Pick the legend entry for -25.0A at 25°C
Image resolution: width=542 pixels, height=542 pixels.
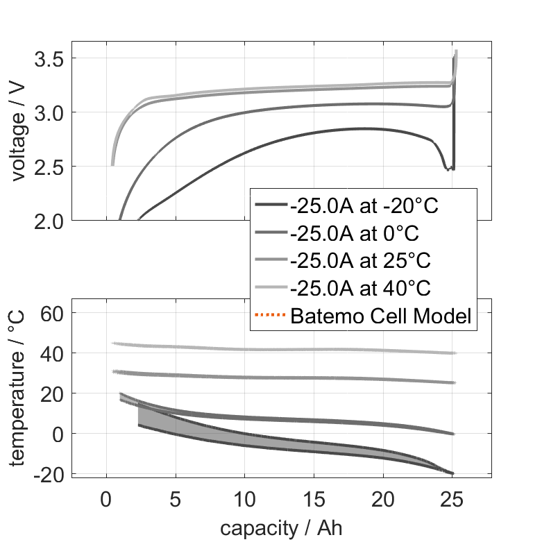(360, 260)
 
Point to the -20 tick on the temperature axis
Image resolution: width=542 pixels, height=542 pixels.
(49, 474)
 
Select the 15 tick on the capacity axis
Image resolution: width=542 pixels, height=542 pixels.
(314, 499)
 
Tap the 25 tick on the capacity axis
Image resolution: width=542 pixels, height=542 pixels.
(452, 499)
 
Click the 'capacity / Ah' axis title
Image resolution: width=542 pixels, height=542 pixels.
(281, 527)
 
